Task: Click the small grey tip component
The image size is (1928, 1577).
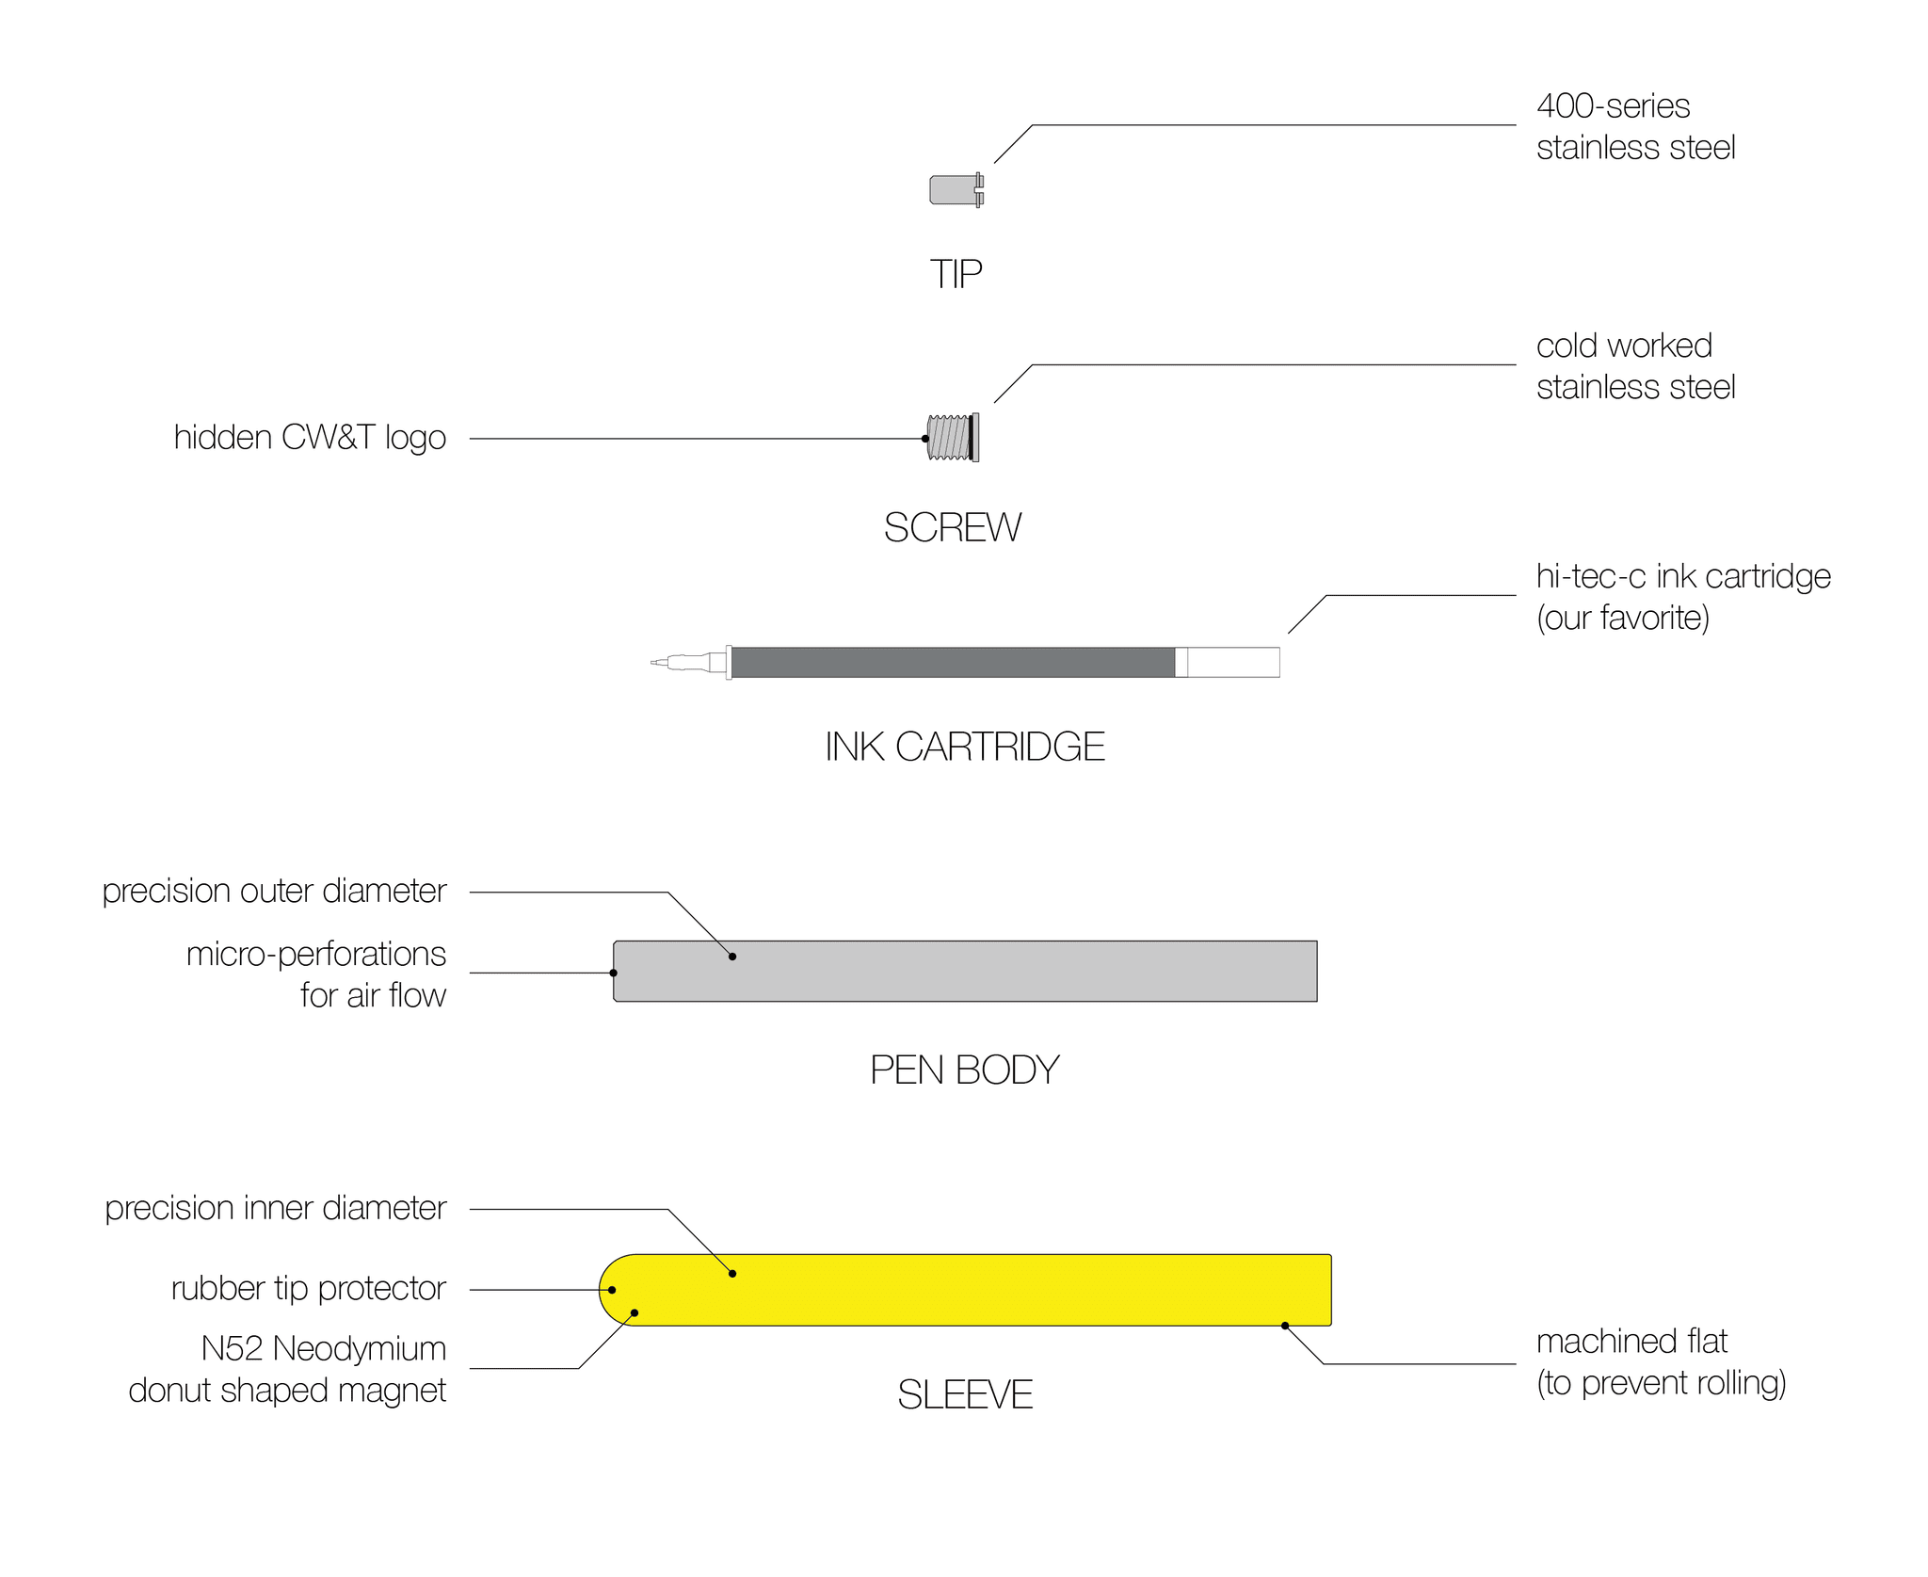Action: (955, 189)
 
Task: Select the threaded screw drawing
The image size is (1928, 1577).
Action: (952, 438)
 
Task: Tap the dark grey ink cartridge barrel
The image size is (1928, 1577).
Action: (951, 662)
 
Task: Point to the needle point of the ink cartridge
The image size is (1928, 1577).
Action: (655, 663)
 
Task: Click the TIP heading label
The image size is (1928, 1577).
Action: (956, 275)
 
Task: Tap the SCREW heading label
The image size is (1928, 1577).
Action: (952, 527)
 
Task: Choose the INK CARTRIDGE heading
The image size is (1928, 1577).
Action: (964, 747)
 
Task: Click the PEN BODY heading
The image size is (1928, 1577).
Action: (964, 1070)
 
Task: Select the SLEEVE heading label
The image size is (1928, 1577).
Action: (964, 1394)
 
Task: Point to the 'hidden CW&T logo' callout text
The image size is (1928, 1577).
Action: (310, 438)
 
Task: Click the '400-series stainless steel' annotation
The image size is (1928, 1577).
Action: (1635, 127)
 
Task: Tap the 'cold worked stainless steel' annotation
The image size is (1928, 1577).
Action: (1635, 366)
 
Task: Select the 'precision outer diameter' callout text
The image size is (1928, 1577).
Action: (274, 891)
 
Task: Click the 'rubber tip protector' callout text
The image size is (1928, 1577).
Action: (308, 1288)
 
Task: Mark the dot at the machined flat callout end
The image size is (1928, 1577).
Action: (1285, 1326)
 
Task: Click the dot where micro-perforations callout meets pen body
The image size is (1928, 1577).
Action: (614, 973)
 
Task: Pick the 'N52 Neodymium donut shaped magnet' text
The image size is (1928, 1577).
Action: (287, 1369)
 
